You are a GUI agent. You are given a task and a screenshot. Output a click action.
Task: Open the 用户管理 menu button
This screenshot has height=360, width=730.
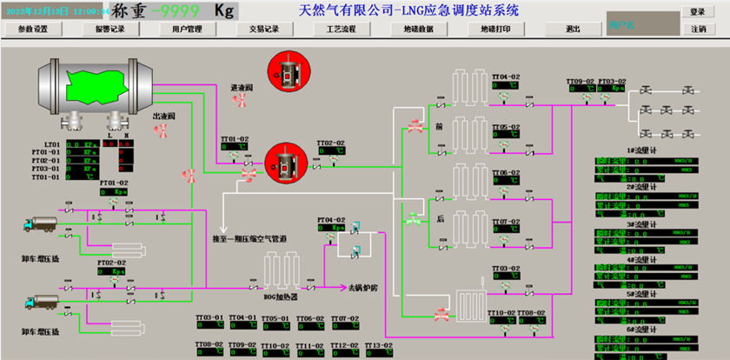(x=187, y=29)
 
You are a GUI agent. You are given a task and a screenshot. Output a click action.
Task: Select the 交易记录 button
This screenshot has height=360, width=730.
(x=265, y=29)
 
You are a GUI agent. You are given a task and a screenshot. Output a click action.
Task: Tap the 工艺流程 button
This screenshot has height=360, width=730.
(x=341, y=29)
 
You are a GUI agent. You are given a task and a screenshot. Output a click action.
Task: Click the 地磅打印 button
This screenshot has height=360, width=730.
(x=495, y=29)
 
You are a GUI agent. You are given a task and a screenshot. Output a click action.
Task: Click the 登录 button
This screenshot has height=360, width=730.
(x=697, y=12)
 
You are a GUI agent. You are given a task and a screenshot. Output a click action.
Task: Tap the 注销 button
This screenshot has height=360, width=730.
(x=697, y=29)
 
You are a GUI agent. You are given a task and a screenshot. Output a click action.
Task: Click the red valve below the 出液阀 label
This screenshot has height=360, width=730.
(x=162, y=130)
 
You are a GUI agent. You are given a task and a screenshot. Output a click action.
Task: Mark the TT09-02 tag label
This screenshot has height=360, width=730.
(x=581, y=80)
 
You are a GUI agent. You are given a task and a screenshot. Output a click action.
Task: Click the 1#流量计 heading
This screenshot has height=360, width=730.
(x=641, y=151)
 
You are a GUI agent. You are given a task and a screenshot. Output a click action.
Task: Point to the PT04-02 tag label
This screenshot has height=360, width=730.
(x=331, y=220)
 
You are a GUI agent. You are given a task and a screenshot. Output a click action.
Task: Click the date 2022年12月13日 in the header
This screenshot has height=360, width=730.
(x=36, y=12)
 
